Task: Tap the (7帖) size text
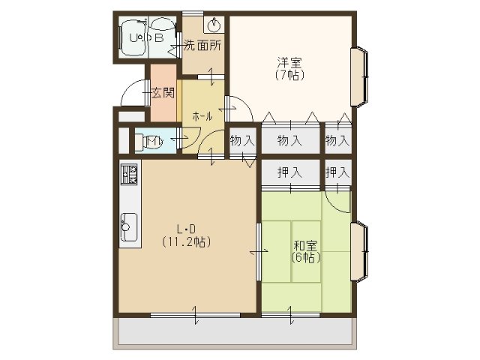point(289,75)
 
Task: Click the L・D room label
point(186,229)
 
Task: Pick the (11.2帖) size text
point(186,242)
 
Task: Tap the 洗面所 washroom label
point(203,45)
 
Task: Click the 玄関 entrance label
point(163,94)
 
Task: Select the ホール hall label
point(202,116)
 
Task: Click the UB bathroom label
point(147,37)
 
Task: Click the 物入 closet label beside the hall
point(241,140)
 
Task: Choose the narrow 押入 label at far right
point(337,172)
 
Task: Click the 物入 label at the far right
point(337,140)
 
